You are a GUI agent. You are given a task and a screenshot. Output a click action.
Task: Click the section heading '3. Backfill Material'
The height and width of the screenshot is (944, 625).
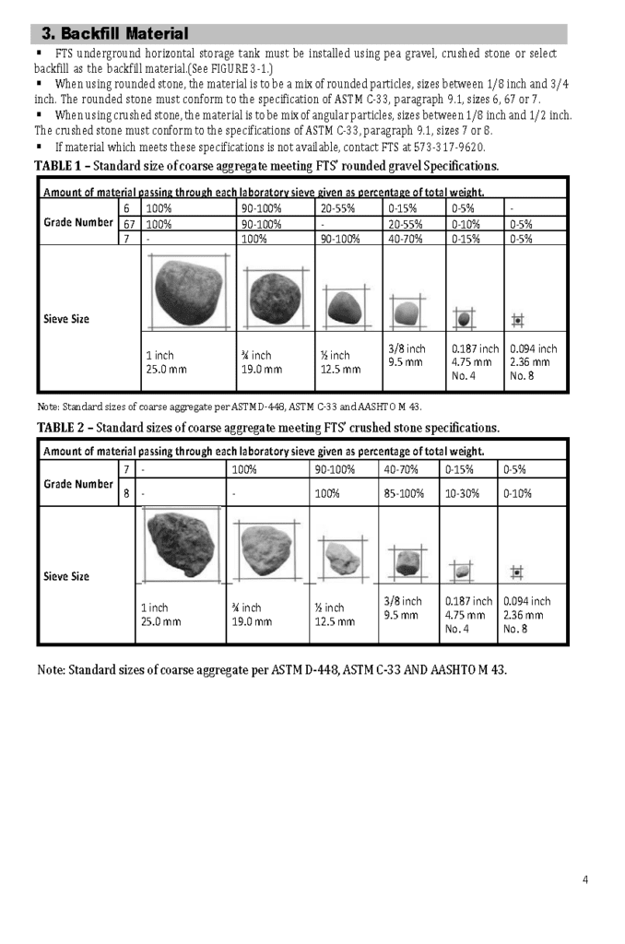point(115,34)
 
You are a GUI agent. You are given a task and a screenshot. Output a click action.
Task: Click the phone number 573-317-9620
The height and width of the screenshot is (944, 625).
point(449,147)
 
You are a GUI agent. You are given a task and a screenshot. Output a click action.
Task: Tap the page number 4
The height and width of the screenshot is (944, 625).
point(585,879)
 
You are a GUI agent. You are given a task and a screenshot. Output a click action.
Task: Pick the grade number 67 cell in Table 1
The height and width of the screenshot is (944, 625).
point(130,223)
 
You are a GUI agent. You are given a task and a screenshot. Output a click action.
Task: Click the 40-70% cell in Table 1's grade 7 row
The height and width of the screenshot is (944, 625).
point(405,239)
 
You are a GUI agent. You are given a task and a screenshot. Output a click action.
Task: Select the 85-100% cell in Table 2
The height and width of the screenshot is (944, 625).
point(405,493)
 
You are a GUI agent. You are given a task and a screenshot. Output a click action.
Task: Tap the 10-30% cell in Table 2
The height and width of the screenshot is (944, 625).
point(465,493)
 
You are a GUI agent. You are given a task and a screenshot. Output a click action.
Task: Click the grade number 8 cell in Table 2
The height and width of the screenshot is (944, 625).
point(126,493)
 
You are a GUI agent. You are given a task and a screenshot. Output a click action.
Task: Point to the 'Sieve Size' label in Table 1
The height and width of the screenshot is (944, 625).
point(67,319)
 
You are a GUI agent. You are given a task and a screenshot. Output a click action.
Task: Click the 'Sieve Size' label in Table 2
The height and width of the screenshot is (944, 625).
point(67,576)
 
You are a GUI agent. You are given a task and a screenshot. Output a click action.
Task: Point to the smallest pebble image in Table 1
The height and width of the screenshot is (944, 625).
point(517,320)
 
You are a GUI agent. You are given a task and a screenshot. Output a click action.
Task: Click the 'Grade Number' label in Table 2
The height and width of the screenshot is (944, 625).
point(78,484)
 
